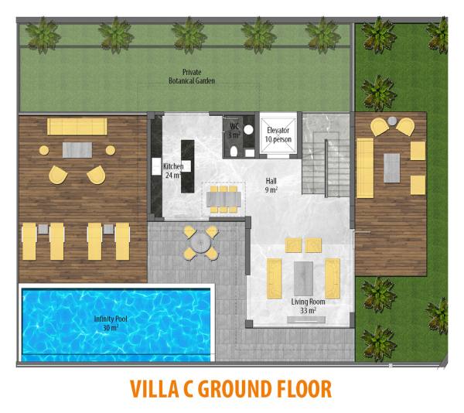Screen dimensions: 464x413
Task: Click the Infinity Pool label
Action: pos(111,323)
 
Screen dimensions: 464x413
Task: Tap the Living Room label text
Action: pos(308,302)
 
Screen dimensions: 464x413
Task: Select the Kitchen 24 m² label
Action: pos(173,171)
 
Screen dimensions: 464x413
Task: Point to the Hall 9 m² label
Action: pos(271,185)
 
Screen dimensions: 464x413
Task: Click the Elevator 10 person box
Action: pos(278,135)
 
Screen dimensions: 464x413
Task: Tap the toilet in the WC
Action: pos(234,151)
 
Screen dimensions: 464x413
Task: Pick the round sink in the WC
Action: pos(249,129)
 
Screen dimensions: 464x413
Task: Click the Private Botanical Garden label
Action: pos(192,77)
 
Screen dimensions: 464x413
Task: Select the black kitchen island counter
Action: pos(188,166)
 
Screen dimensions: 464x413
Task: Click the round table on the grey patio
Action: pos(200,244)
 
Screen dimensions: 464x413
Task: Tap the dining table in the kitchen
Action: pos(223,199)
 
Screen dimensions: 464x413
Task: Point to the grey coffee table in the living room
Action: pos(303,278)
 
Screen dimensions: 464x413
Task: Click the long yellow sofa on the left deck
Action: pos(77,127)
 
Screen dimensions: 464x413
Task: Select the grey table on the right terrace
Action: pos(392,168)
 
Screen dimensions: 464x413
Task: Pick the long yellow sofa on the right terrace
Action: pos(365,168)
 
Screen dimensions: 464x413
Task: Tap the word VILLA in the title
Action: pos(154,388)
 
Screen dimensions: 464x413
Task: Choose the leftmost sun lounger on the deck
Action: pos(29,241)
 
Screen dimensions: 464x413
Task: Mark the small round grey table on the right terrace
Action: pos(392,121)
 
